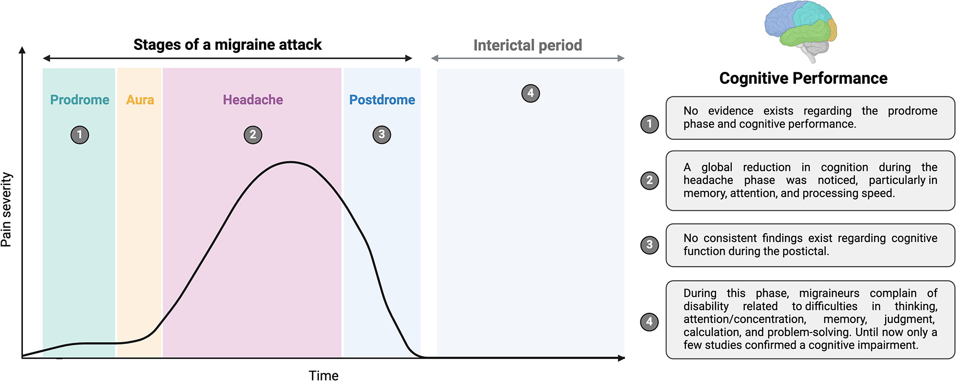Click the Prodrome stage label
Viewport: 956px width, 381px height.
point(80,100)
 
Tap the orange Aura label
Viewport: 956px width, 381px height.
point(140,100)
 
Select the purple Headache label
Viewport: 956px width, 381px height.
point(253,100)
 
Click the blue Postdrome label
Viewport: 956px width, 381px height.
point(382,100)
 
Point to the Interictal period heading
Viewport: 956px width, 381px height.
point(528,45)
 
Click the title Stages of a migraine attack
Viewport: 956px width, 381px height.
point(228,45)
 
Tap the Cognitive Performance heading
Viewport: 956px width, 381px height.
point(803,78)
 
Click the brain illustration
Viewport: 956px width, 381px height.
point(801,32)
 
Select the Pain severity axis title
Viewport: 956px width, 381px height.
point(6,210)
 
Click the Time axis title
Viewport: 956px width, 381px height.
point(323,375)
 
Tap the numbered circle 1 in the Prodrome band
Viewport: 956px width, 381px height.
point(80,135)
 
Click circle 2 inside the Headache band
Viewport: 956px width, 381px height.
point(253,135)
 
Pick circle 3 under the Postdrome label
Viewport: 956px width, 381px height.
point(382,135)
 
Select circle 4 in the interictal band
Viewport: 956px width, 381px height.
point(530,93)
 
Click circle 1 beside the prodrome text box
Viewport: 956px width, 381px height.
point(649,124)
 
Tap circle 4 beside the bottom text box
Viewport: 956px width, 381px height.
point(649,322)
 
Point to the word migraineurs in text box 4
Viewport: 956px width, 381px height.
point(829,293)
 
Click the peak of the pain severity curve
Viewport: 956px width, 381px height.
point(290,162)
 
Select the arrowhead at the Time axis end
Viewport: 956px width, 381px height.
point(622,358)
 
